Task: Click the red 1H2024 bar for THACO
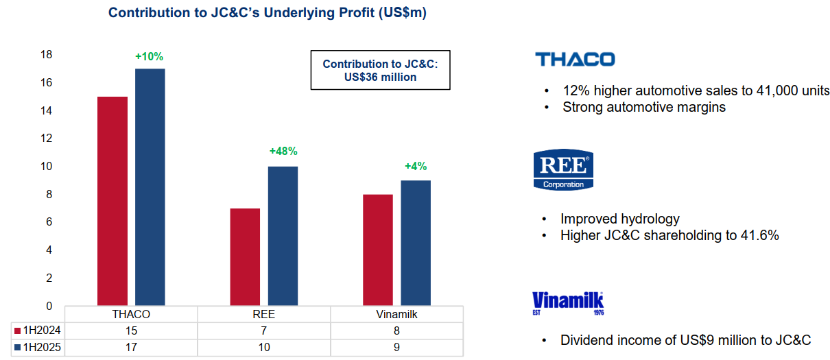click(112, 201)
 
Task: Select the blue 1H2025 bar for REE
click(283, 236)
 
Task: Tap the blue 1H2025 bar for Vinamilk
click(416, 243)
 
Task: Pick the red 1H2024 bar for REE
click(245, 257)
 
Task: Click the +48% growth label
click(283, 151)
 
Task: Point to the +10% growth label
click(149, 56)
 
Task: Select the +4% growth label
click(416, 167)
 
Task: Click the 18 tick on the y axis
click(47, 54)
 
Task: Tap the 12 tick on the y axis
click(47, 138)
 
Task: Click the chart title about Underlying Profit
click(267, 12)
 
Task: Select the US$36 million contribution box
click(381, 70)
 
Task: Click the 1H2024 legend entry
click(38, 330)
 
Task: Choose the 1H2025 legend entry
click(38, 347)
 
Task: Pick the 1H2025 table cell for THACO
click(131, 348)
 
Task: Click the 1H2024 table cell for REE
click(264, 331)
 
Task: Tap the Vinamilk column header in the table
click(396, 315)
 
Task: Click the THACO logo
click(575, 59)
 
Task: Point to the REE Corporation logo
click(563, 169)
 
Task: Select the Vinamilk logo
click(568, 303)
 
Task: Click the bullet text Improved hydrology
click(620, 219)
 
